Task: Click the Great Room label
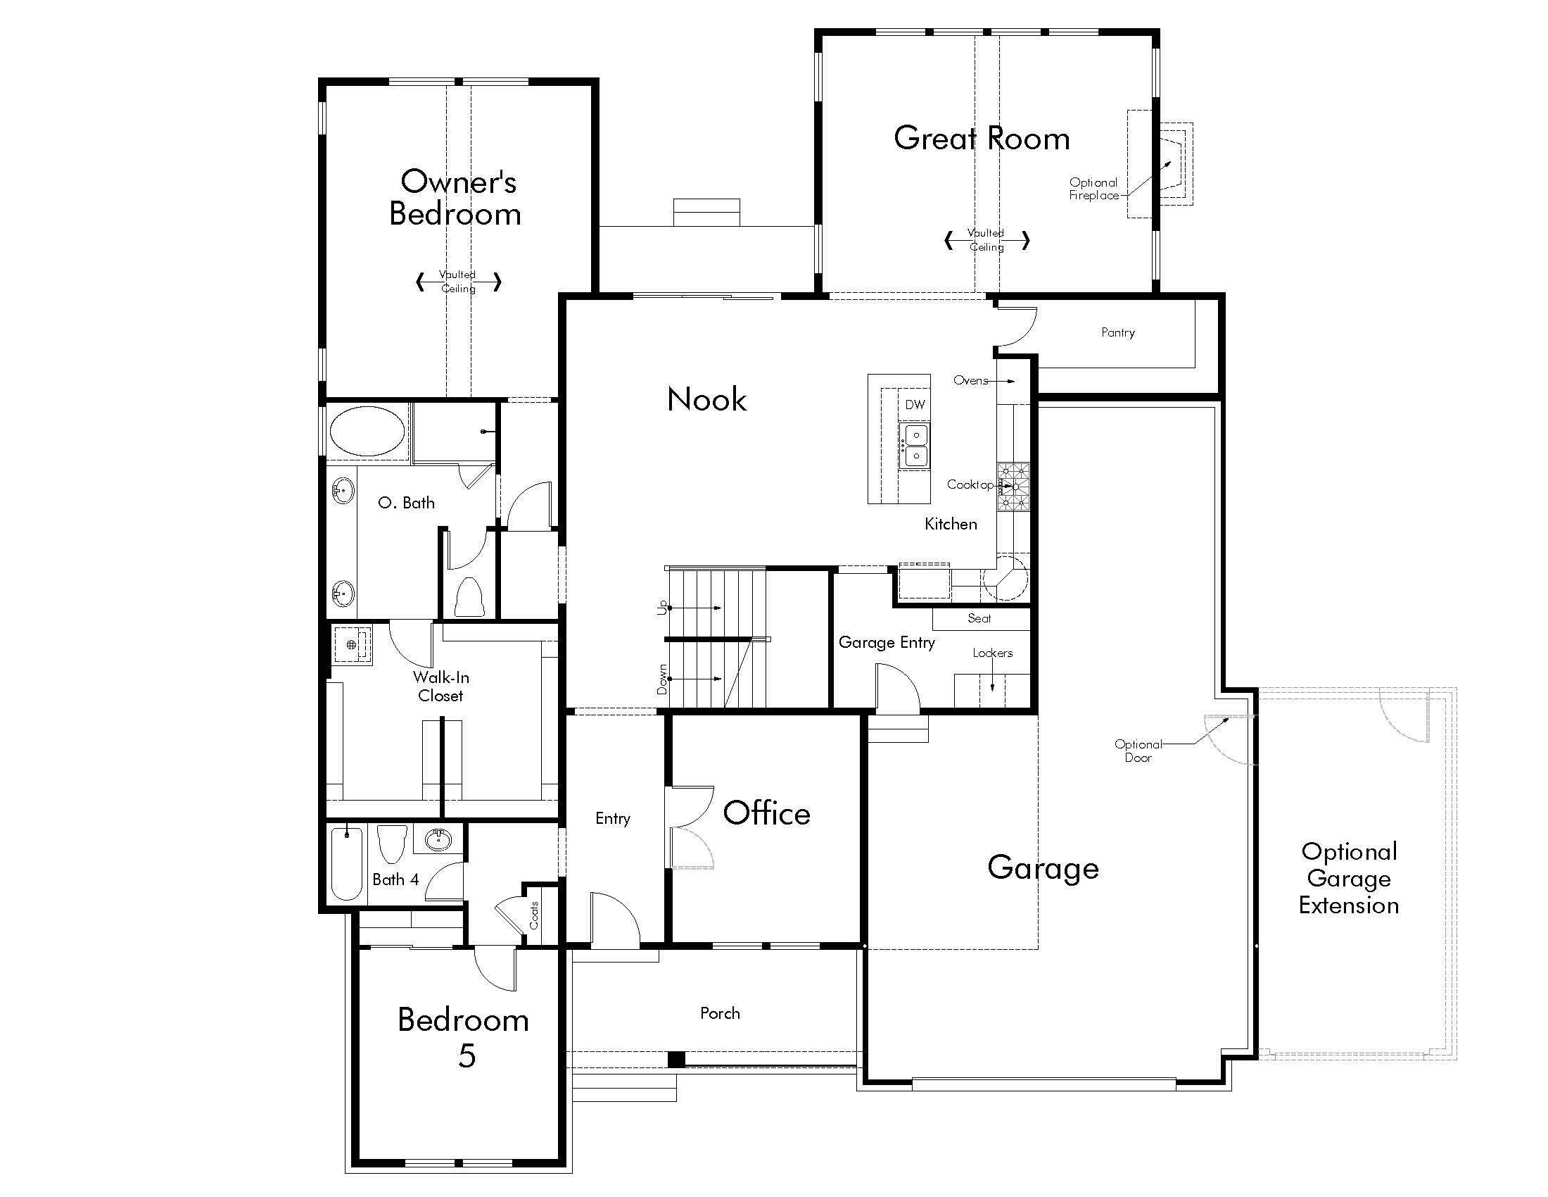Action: coord(982,138)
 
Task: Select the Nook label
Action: coord(706,399)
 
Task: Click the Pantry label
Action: coord(1118,332)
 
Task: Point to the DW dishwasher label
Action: coord(915,404)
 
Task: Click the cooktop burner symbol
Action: coord(1013,487)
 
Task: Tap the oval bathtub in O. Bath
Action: coord(367,431)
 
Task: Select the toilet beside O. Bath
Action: coord(469,597)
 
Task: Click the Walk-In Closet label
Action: coord(441,687)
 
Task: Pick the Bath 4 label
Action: coord(395,879)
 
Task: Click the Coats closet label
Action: coord(534,915)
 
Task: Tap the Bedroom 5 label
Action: coord(464,1037)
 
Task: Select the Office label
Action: coord(766,813)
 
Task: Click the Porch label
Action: coord(720,1013)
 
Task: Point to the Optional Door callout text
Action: coord(1138,751)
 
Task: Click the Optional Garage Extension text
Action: coord(1349,879)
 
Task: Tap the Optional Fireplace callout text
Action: coord(1093,189)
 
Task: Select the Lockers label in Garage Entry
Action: coord(992,653)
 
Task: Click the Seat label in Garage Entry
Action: coord(979,618)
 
